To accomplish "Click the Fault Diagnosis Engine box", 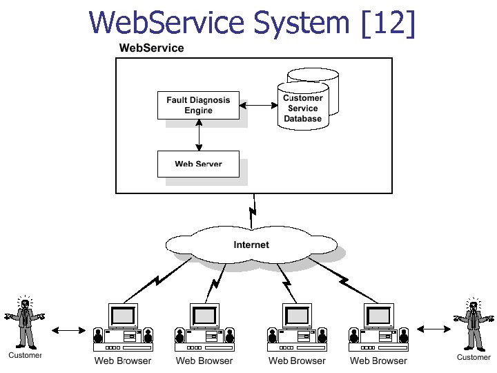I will [x=198, y=105].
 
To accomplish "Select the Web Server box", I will [x=198, y=164].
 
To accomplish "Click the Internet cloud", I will [x=251, y=245].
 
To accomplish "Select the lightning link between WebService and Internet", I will [x=253, y=208].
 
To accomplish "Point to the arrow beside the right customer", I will [x=430, y=330].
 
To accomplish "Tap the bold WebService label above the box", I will [x=151, y=48].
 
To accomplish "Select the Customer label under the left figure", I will [x=25, y=355].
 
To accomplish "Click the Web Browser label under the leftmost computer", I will [x=123, y=361].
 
